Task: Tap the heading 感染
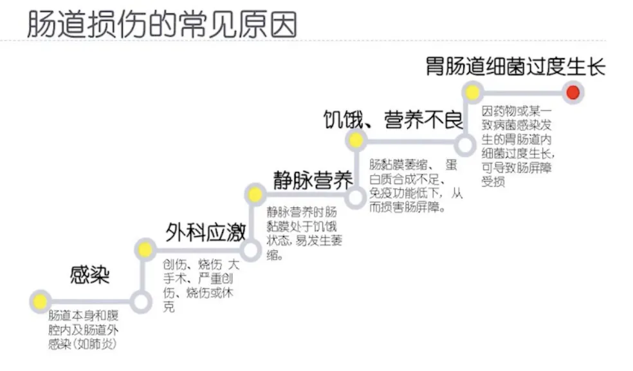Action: [90, 275]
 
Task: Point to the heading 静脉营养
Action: [313, 180]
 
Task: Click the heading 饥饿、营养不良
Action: [393, 119]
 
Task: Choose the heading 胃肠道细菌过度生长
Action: [515, 66]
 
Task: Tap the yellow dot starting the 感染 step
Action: [41, 300]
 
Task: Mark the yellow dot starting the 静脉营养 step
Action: [255, 195]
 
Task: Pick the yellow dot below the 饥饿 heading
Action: [355, 139]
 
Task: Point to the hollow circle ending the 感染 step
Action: [141, 300]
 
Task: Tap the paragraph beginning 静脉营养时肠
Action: [302, 233]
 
